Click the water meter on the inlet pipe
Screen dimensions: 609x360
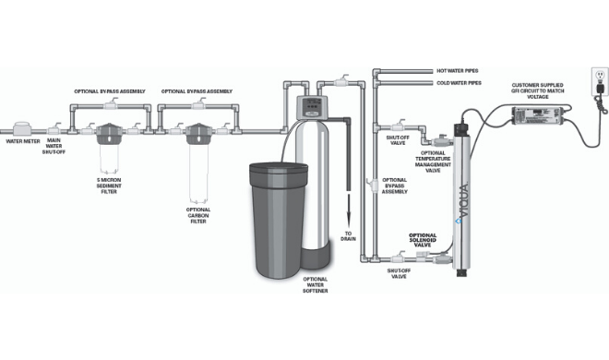click(x=22, y=129)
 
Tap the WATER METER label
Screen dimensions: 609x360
click(x=23, y=141)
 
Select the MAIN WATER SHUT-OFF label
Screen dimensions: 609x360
click(x=54, y=146)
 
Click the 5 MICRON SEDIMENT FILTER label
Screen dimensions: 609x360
click(x=109, y=186)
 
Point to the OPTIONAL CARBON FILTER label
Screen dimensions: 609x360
click(x=198, y=215)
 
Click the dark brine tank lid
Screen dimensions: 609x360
click(x=279, y=168)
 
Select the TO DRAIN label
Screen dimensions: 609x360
click(x=348, y=236)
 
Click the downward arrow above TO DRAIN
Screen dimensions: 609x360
click(x=349, y=210)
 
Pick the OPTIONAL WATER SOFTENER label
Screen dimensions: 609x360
click(x=315, y=284)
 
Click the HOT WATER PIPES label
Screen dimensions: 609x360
click(x=458, y=71)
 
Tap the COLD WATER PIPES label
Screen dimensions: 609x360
click(x=459, y=83)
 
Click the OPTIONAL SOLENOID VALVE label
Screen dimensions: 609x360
click(x=423, y=240)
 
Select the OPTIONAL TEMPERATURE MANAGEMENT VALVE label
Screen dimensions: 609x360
click(x=433, y=162)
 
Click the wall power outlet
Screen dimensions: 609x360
click(x=600, y=81)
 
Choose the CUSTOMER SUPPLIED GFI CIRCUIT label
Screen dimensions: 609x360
click(x=538, y=90)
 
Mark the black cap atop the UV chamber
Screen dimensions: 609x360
click(x=461, y=129)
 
